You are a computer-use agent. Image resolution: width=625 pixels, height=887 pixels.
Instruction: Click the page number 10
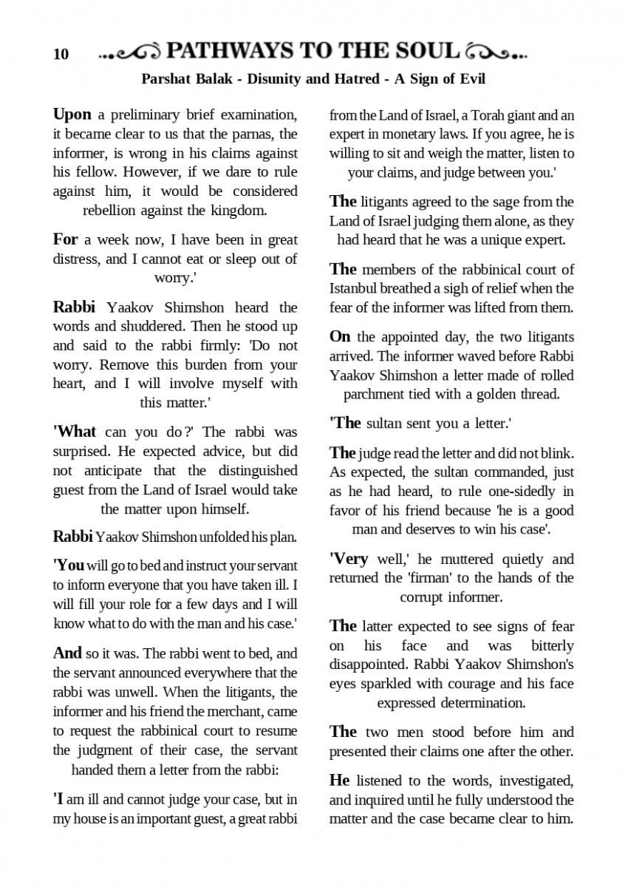tap(61, 54)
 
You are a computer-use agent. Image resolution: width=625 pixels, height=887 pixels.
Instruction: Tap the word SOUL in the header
tap(426, 52)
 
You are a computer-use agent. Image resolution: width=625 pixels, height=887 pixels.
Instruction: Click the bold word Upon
tap(72, 115)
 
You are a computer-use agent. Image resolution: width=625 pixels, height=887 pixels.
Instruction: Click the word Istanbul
tap(354, 288)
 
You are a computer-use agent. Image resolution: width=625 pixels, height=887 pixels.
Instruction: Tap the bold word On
tap(340, 336)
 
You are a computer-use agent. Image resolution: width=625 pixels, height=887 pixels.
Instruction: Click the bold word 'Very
tap(349, 558)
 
